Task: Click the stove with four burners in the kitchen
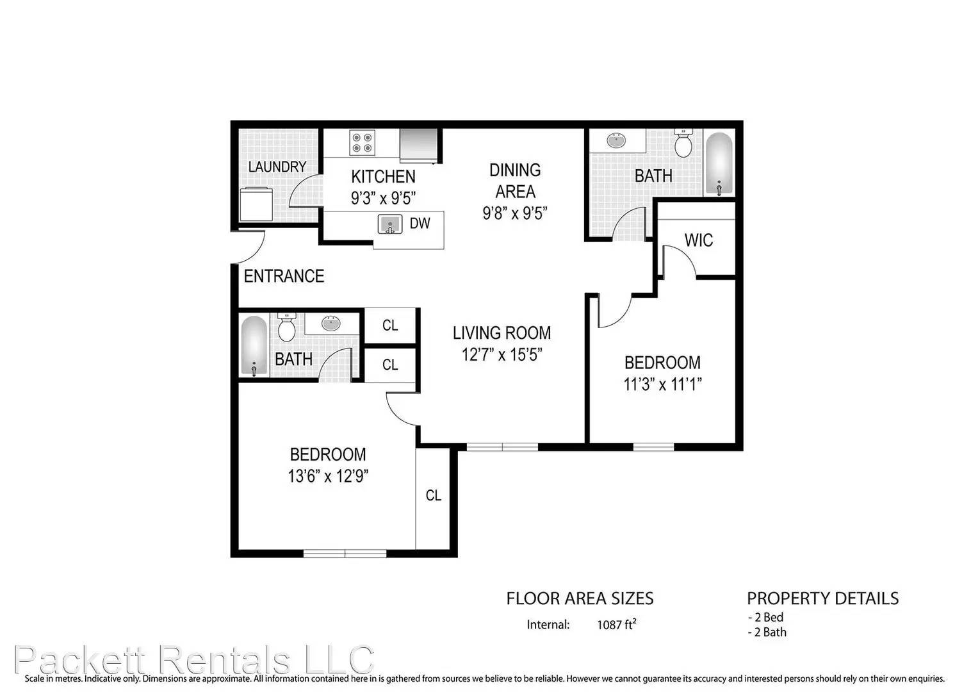tap(362, 142)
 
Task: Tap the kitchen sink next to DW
tap(389, 224)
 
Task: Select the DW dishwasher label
tap(420, 224)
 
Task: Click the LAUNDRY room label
tap(277, 167)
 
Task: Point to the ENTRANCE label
tap(284, 276)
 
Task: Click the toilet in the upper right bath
tap(683, 144)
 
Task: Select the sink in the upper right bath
tap(617, 140)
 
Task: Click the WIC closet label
tap(698, 240)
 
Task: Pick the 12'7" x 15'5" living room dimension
tap(502, 354)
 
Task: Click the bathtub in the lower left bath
tap(254, 345)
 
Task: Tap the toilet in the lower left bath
tap(286, 328)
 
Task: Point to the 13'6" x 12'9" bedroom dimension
tap(328, 476)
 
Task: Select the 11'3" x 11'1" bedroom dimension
tap(662, 384)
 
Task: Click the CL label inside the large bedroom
tap(433, 495)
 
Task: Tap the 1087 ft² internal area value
tap(616, 625)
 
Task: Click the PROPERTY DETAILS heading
tap(822, 598)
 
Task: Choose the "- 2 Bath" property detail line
tap(767, 632)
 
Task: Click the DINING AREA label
tap(515, 181)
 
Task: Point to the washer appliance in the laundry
tap(256, 204)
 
